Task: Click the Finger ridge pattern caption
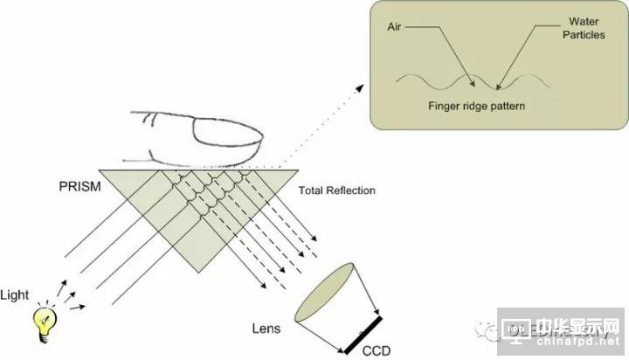point(473,107)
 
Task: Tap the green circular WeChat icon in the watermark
point(488,331)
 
